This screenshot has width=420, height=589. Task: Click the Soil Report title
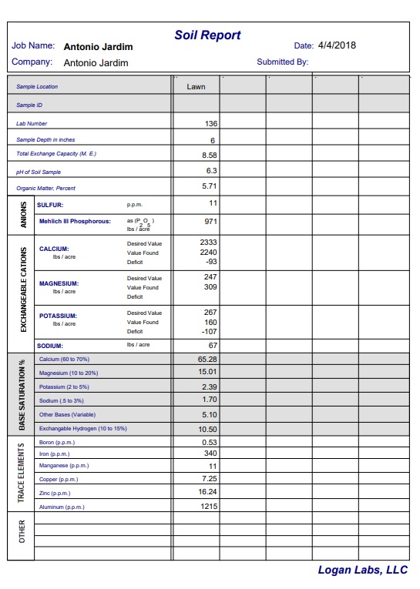coord(207,35)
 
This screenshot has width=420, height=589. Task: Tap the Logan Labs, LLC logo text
coord(362,571)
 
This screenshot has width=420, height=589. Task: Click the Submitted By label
coord(282,62)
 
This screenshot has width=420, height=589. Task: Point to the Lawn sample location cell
coord(196,87)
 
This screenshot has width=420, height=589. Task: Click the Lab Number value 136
coord(210,123)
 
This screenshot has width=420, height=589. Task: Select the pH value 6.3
coord(211,171)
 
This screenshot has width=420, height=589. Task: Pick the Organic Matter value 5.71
coord(209,187)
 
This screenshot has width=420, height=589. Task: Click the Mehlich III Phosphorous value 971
coord(210,222)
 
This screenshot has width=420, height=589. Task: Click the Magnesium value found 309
coord(210,287)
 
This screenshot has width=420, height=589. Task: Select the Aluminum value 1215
coord(207,507)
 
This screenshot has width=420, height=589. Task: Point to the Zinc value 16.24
coord(207,491)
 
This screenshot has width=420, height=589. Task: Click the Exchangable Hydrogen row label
coord(82,428)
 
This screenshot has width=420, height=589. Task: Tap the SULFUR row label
coord(50,205)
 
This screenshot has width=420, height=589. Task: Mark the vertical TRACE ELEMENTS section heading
coord(22,473)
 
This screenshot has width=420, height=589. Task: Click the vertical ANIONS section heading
coord(22,215)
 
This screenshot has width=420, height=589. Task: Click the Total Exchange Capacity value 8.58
coord(209,155)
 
